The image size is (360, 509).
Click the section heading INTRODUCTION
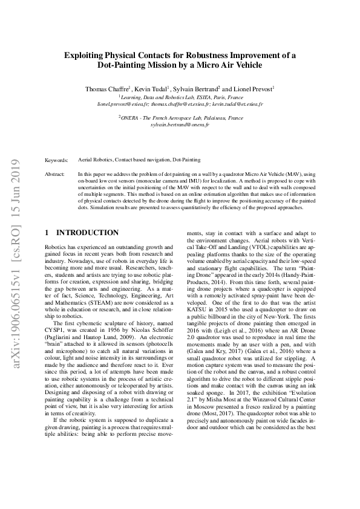(87, 232)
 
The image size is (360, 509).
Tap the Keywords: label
(57, 160)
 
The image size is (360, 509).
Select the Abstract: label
(56, 173)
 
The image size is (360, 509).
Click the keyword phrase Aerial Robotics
(95, 160)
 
